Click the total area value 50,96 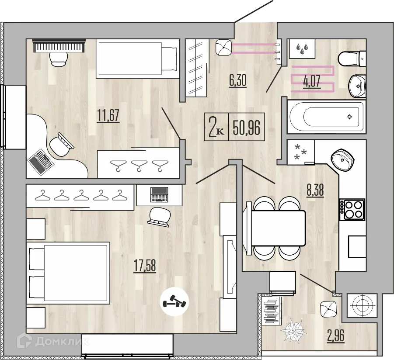(247, 128)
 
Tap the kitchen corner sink (343, 160)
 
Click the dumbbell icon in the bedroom (174, 302)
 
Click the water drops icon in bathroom (301, 49)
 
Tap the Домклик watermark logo (59, 341)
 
